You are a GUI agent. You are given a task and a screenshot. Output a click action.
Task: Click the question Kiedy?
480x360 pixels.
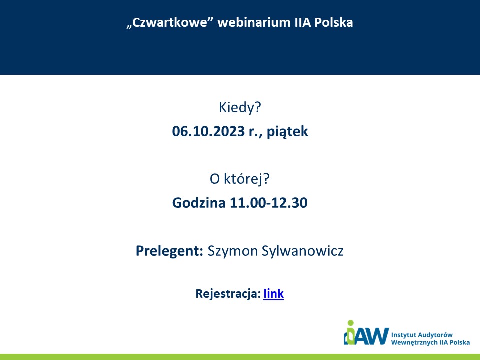(240, 107)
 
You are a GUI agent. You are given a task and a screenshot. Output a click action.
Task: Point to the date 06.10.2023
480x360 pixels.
(208, 131)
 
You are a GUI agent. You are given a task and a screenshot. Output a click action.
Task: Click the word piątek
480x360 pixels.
(287, 132)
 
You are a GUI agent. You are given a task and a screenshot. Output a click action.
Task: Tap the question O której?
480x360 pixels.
(239, 179)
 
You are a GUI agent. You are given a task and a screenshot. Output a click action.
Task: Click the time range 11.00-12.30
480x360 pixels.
(269, 203)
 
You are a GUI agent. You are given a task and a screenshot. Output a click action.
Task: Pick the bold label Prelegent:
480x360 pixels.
(169, 251)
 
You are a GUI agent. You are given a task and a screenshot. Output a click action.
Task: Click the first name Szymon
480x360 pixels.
(233, 251)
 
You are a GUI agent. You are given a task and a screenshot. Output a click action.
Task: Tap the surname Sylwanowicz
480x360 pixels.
(303, 251)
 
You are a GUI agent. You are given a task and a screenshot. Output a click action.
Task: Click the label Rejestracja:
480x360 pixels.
(228, 294)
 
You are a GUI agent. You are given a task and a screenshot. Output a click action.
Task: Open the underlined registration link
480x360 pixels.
(273, 293)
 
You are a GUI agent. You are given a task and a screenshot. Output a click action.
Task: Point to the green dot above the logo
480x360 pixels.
(351, 323)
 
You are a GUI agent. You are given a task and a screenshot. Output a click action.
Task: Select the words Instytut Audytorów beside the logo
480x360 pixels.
(422, 335)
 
